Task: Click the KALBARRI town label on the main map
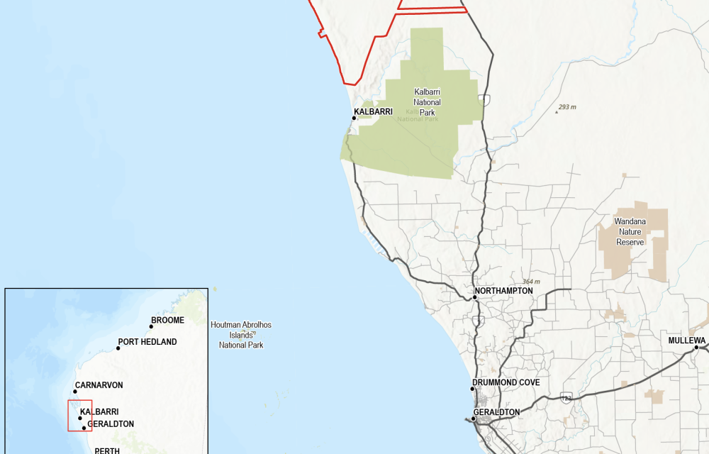(373, 111)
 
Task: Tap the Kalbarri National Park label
(427, 102)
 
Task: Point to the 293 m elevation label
(567, 107)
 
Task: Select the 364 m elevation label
(531, 282)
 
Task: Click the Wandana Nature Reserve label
(630, 232)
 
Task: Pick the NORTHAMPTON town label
(504, 291)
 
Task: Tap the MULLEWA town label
(687, 340)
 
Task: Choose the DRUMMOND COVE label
(506, 382)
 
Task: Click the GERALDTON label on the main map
(496, 412)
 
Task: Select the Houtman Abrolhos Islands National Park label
(241, 335)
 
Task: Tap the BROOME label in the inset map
(167, 320)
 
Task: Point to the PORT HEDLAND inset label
(147, 342)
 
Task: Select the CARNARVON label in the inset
(99, 385)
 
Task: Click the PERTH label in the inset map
(107, 450)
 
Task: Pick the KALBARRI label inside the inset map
(99, 411)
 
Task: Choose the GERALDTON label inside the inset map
(111, 424)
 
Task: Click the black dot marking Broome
(152, 326)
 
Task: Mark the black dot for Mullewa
(697, 348)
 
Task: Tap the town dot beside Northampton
(475, 297)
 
